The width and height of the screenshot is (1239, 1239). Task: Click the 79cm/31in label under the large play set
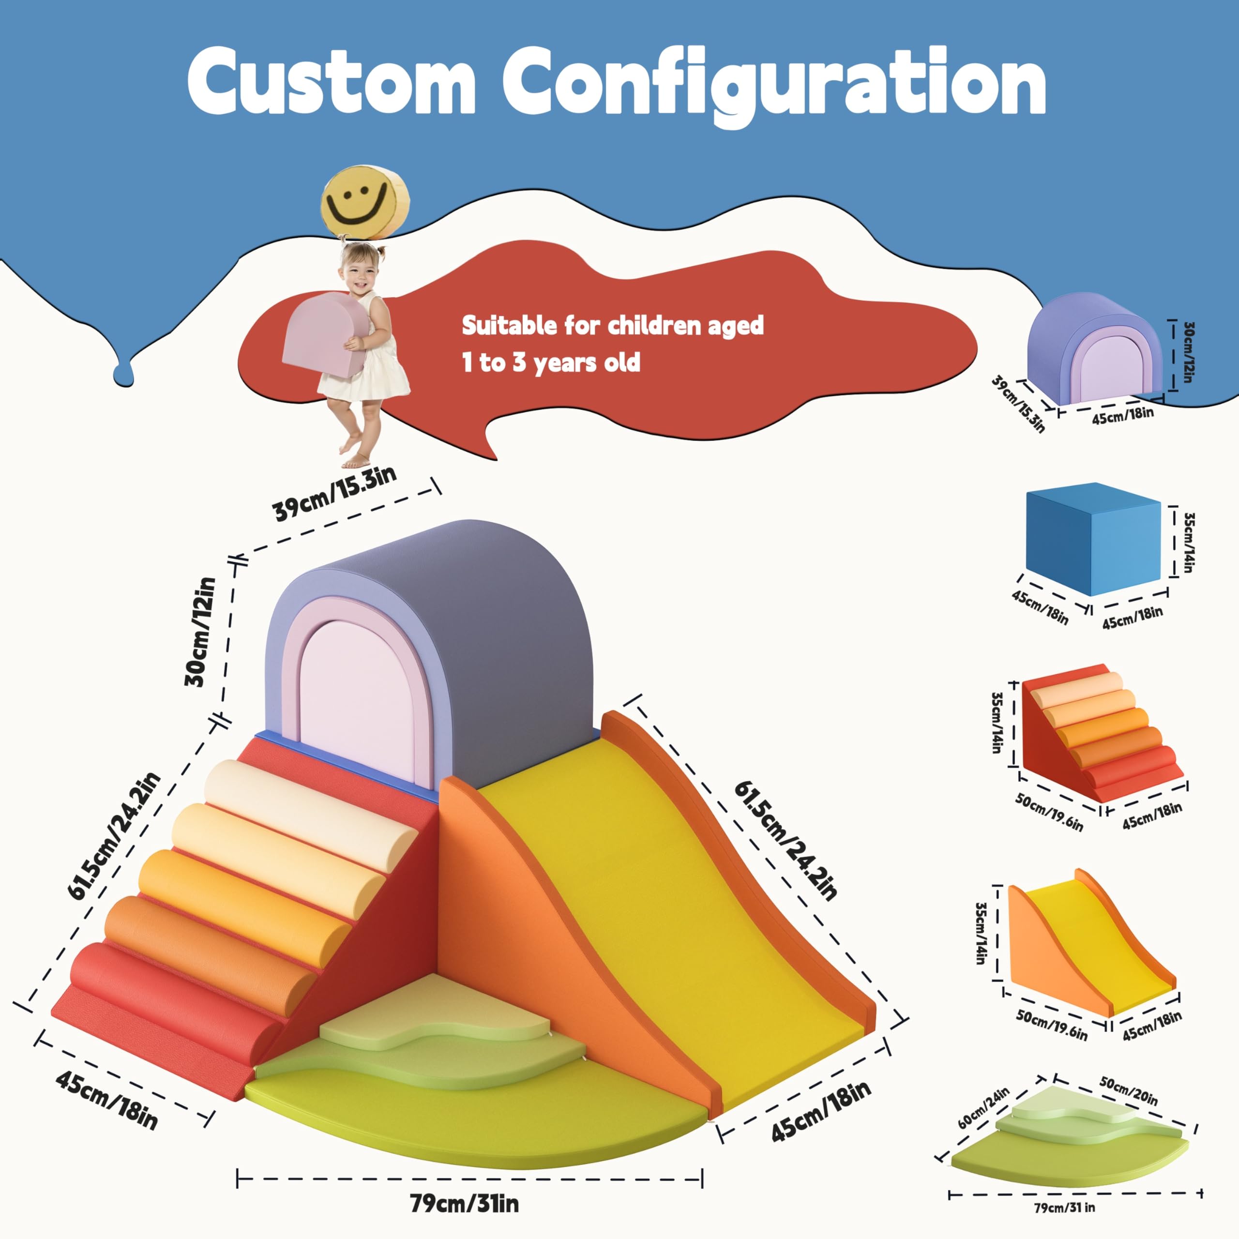(464, 1204)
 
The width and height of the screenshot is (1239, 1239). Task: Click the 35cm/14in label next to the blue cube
(1188, 542)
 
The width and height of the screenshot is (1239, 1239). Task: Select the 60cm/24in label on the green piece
(983, 1107)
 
